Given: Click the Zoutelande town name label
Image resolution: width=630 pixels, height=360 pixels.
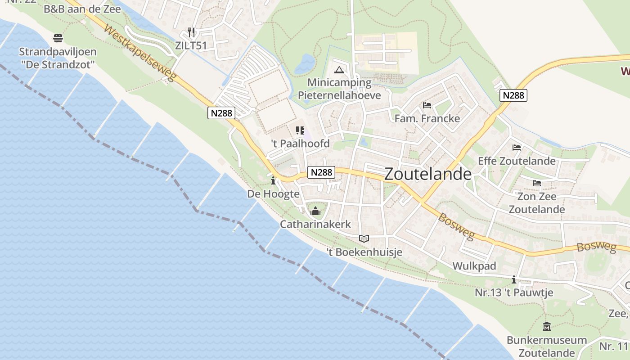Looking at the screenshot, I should click(428, 174).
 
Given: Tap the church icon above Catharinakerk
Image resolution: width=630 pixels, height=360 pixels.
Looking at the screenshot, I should click(315, 211).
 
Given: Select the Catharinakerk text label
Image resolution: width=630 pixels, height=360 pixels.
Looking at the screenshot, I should click(315, 224).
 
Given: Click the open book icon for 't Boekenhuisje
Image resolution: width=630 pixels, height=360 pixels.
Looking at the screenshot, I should click(364, 238).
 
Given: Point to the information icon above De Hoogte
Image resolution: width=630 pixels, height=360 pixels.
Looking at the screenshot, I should click(273, 181).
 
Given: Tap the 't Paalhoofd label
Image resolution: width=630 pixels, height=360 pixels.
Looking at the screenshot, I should click(300, 144).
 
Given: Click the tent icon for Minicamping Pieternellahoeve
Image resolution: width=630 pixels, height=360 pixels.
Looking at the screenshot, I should click(339, 70).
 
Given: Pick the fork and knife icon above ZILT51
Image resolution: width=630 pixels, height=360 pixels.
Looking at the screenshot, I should click(191, 32).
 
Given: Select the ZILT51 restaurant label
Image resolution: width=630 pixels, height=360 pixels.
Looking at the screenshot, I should click(191, 45).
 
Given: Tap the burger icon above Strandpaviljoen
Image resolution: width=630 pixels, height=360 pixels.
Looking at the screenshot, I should click(58, 38).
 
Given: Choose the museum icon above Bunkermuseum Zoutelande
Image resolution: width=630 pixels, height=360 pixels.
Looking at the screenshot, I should click(547, 327).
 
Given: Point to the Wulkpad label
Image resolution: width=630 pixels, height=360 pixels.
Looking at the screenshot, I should click(474, 266).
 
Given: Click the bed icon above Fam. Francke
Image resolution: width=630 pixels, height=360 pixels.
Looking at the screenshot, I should click(427, 105).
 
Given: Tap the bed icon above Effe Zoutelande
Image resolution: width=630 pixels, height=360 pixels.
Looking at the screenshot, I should click(517, 148).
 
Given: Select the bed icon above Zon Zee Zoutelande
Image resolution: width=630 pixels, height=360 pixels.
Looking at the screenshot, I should click(537, 183).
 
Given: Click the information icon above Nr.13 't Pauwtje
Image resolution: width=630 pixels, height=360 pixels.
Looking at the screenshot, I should click(514, 280).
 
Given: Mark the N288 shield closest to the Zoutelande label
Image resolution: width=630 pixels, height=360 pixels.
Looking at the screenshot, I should click(321, 172).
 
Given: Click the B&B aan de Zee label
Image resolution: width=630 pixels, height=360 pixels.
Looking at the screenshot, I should click(82, 9).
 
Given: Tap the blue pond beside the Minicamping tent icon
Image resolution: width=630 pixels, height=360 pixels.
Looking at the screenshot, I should click(305, 63).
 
